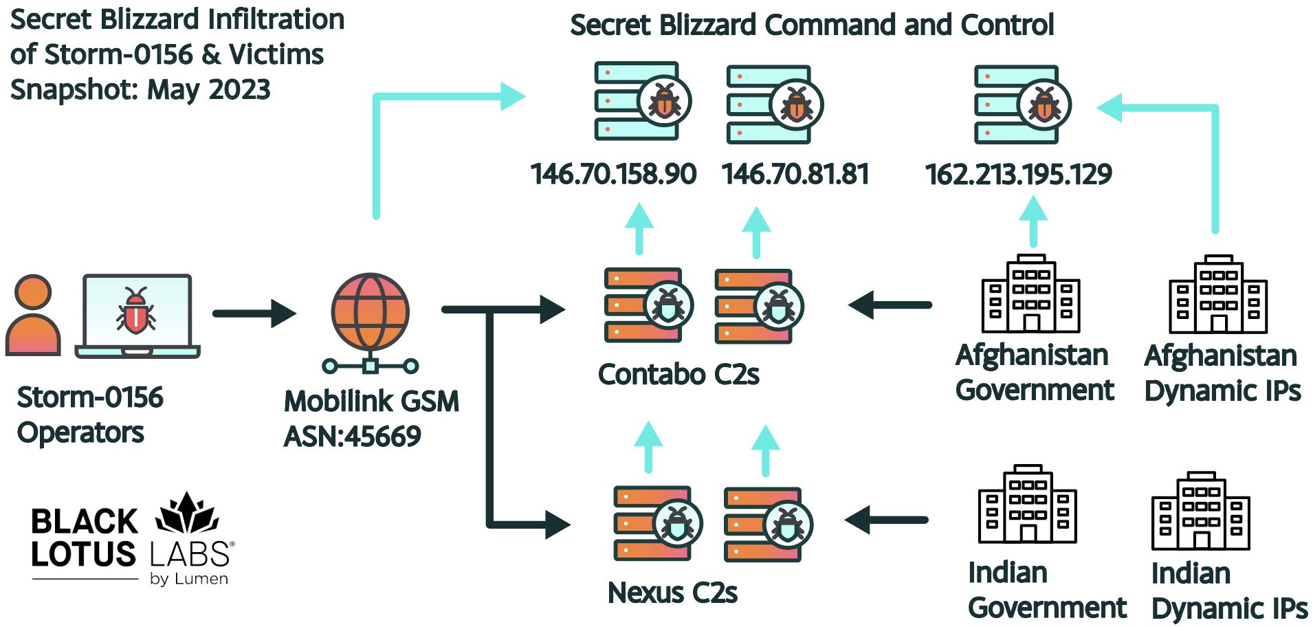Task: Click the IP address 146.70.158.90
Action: pos(613,174)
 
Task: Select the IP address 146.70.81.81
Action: pos(795,174)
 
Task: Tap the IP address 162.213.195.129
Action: pos(1018,174)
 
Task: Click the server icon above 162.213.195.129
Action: pos(1022,104)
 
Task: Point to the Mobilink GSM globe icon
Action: pos(370,313)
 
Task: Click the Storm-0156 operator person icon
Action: pos(33,316)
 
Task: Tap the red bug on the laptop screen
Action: pos(136,311)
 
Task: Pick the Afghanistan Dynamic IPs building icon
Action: pos(1218,295)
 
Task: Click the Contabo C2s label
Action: pos(678,375)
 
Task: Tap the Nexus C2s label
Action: pos(672,593)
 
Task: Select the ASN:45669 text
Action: pos(352,437)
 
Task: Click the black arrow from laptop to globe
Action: pos(254,313)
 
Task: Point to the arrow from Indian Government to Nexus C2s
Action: pos(886,520)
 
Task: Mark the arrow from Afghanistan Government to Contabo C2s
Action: pos(890,305)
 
